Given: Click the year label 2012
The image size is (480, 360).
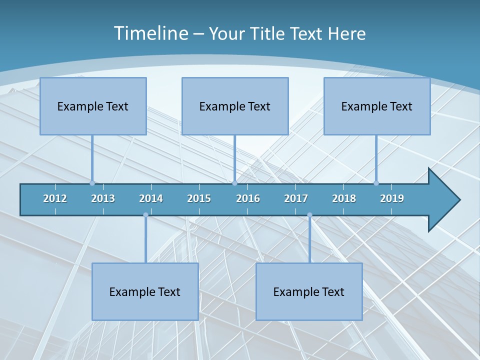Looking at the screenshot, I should point(55,198).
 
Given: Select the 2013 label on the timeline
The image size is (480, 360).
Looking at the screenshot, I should point(103,198).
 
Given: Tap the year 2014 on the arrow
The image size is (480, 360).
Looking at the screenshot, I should point(151,198).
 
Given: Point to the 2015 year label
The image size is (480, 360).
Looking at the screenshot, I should point(199,198).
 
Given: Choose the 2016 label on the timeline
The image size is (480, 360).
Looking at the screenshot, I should point(248,198).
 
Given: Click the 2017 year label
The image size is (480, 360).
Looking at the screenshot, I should point(296,198).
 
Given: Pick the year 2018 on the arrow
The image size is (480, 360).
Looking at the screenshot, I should point(344,198).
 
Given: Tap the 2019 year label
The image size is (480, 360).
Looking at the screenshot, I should point(392,198).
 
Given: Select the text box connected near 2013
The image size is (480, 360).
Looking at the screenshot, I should point(93,106).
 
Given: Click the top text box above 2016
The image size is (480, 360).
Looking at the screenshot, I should point(235,106).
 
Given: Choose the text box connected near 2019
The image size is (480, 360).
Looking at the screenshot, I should point(377,106).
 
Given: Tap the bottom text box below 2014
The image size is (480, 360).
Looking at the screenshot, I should point(145,291).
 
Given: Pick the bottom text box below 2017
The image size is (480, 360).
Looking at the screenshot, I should point(309,291).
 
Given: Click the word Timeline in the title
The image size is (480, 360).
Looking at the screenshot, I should point(150,33).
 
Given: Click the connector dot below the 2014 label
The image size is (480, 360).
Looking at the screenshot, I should point(145,215).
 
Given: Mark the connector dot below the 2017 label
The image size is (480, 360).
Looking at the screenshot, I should point(309,215).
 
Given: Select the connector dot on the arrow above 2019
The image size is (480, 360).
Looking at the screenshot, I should point(376,183).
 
